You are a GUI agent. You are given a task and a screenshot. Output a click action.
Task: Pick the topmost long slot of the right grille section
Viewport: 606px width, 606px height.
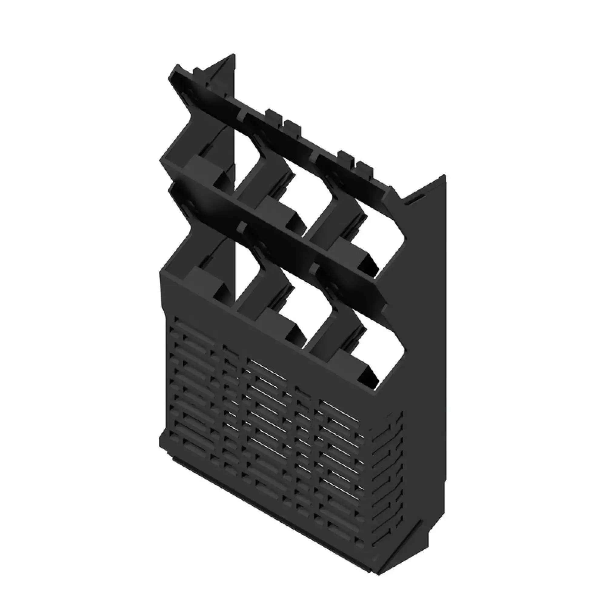(x=340, y=409)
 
